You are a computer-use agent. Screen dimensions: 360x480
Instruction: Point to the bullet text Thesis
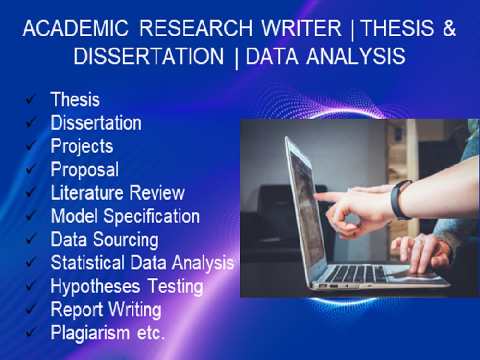pos(75,99)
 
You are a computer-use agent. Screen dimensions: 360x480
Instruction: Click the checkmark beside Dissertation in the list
pos(32,123)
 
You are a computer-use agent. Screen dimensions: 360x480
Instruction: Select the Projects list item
pos(82,146)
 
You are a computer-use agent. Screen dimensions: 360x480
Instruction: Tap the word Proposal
pos(84,169)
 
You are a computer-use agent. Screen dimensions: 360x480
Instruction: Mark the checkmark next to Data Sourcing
pos(32,239)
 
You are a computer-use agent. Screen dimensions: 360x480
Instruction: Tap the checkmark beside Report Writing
pos(32,310)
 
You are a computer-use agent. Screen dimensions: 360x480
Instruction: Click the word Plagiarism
pos(90,333)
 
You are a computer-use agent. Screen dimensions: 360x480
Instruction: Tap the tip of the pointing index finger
pos(318,196)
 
